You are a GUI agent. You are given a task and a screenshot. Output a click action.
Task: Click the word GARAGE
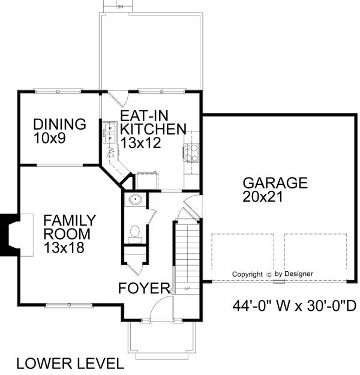click(274, 183)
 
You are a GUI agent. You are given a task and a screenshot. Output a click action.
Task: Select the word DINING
click(59, 125)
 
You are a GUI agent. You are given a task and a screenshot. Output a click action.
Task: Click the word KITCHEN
click(153, 129)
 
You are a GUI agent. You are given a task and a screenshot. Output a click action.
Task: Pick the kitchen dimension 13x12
click(142, 143)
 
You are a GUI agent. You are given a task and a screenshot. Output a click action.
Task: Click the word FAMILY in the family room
click(70, 220)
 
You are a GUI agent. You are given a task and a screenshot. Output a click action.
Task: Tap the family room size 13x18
click(64, 247)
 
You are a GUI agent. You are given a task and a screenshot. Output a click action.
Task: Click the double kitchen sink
click(110, 133)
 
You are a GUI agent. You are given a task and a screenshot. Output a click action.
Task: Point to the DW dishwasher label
click(110, 154)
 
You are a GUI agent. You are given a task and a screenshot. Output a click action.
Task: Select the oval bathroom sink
click(135, 200)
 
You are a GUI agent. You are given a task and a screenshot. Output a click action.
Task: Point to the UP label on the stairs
click(187, 289)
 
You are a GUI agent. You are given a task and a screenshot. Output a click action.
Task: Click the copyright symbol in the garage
click(270, 274)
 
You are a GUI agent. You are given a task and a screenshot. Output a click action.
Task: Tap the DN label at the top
click(120, 7)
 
